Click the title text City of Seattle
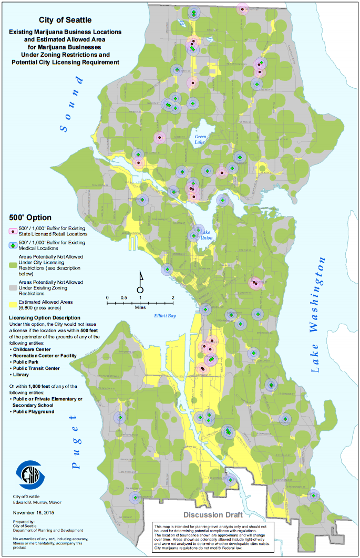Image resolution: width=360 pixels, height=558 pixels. point(65,20)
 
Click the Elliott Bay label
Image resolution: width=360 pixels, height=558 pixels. point(164,316)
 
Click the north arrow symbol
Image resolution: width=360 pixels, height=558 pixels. point(140,282)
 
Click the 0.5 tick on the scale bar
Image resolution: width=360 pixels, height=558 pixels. point(124,298)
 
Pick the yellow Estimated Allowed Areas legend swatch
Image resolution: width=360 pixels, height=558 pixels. point(13,304)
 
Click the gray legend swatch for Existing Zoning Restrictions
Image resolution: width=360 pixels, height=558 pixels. point(13,285)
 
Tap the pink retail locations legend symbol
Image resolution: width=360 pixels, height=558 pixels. point(13,230)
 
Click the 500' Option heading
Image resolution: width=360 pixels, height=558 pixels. point(30,218)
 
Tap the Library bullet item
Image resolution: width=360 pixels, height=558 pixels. point(20,375)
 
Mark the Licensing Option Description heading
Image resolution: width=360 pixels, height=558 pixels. point(45,318)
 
